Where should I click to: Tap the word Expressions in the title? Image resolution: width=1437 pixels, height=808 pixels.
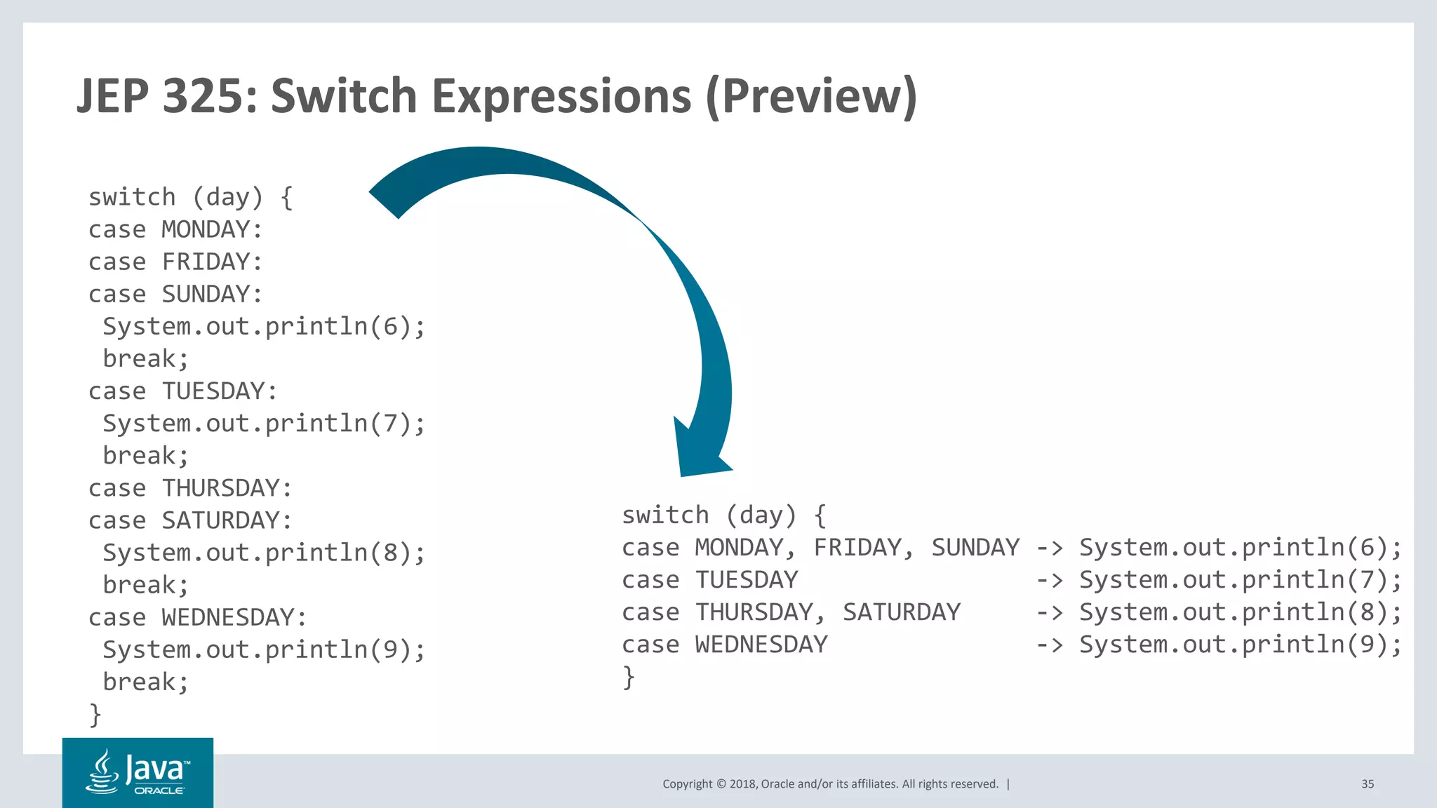pyautogui.click(x=561, y=96)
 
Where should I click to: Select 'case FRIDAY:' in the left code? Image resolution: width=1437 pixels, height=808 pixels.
pyautogui.click(x=175, y=262)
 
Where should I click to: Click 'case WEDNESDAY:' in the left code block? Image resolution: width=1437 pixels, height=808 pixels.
pyautogui.click(x=197, y=617)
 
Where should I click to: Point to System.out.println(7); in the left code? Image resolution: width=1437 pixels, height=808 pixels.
pyautogui.click(x=264, y=424)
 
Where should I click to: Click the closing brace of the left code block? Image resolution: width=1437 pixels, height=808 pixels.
pyautogui.click(x=95, y=714)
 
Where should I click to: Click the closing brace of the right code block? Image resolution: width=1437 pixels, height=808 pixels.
pyautogui.click(x=629, y=677)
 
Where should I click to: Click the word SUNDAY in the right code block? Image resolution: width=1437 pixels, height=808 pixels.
pyautogui.click(x=975, y=548)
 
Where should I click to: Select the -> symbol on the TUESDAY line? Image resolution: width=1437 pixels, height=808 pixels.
pyautogui.click(x=1049, y=581)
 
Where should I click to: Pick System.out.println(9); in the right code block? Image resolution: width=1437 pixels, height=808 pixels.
pyautogui.click(x=1240, y=645)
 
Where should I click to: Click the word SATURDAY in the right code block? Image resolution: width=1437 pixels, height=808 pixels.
pyautogui.click(x=901, y=612)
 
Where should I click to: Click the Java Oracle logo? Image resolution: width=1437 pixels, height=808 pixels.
pyautogui.click(x=138, y=772)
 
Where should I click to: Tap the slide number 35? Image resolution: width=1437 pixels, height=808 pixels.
pyautogui.click(x=1368, y=784)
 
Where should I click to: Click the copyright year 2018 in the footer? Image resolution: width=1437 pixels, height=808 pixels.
pyautogui.click(x=742, y=784)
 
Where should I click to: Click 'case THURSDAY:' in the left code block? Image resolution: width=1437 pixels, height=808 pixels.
pyautogui.click(x=189, y=488)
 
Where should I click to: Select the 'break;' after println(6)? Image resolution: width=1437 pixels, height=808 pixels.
pyautogui.click(x=146, y=359)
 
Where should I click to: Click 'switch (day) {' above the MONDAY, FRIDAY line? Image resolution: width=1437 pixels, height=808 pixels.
pyautogui.click(x=724, y=516)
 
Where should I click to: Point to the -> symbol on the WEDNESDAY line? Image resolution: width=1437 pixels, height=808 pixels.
pyautogui.click(x=1049, y=645)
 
